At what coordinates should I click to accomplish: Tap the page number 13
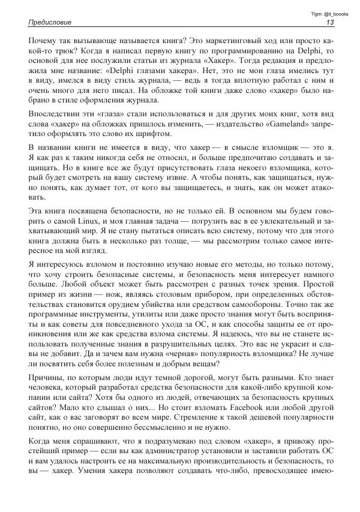click(330, 23)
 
